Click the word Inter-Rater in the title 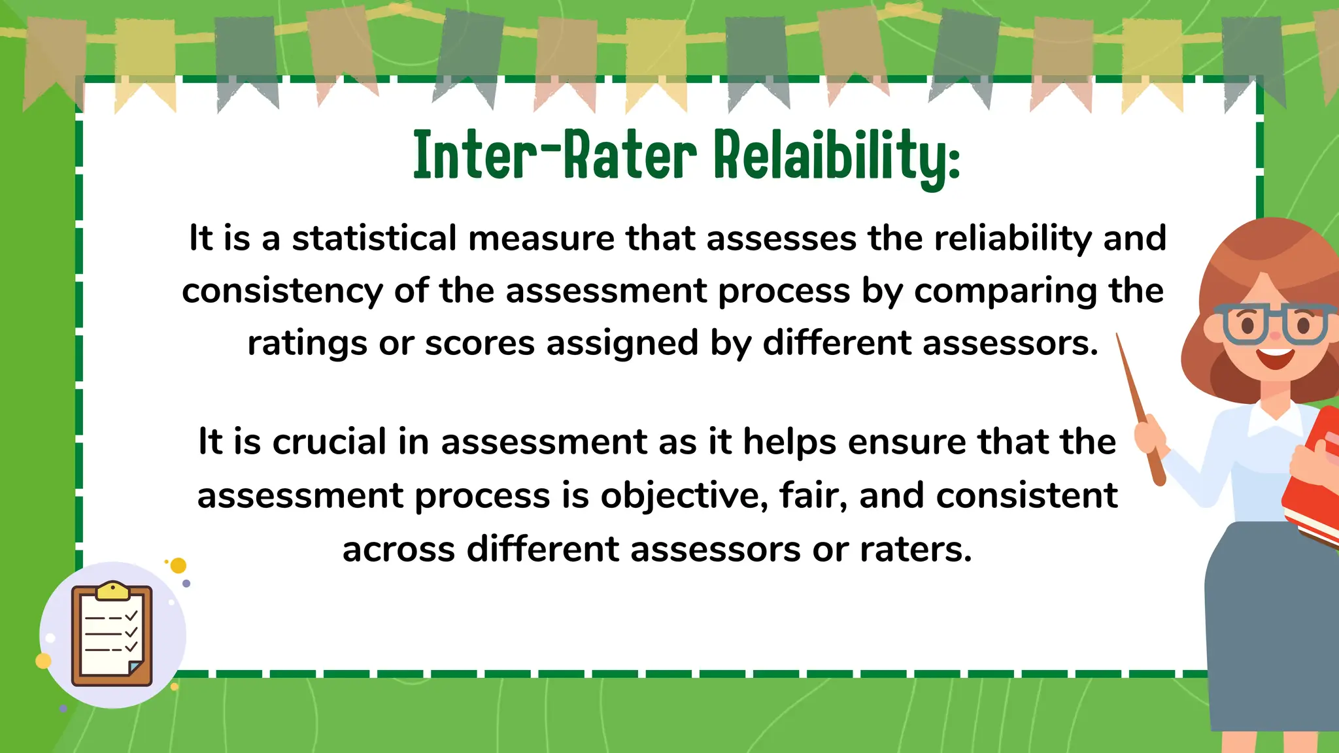coord(554,155)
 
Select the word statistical coord(374,238)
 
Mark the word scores coord(480,343)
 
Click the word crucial coord(330,442)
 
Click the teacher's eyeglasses coord(1275,324)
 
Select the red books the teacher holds coord(1314,477)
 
